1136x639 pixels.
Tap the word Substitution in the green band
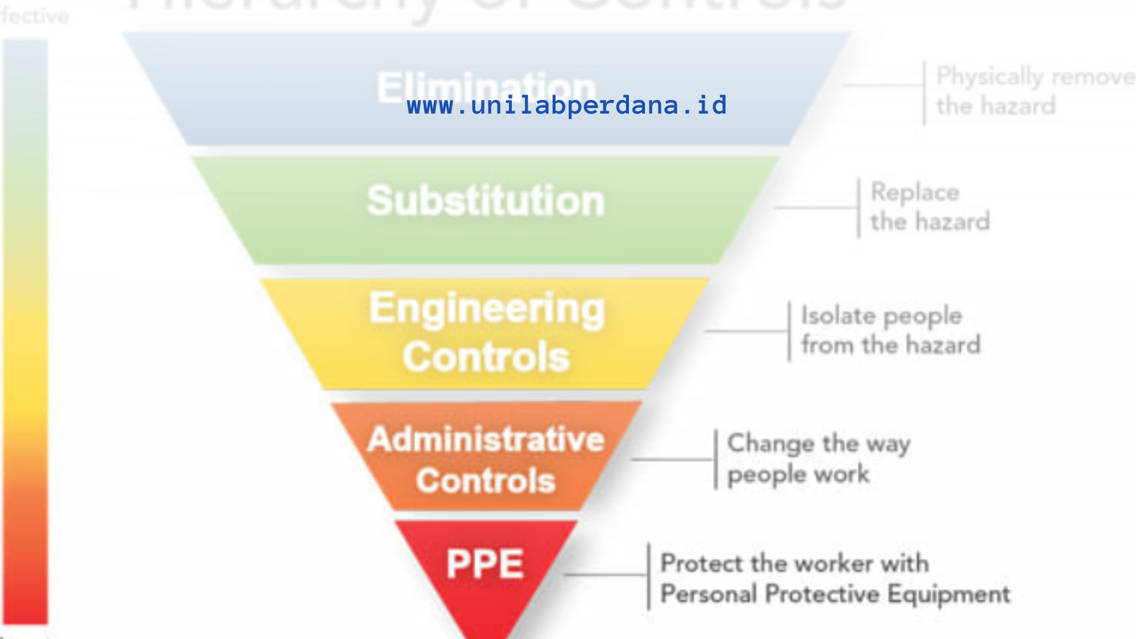click(486, 201)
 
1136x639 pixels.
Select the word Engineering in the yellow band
click(487, 309)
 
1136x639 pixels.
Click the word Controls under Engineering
click(486, 356)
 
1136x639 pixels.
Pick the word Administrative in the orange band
click(486, 439)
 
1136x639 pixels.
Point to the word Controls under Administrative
click(486, 481)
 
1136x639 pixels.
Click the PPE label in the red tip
click(485, 564)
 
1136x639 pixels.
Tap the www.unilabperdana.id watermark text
click(567, 106)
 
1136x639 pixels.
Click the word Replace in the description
click(914, 192)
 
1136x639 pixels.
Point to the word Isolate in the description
click(837, 316)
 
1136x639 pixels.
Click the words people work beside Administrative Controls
click(798, 474)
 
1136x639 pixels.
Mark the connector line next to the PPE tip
click(605, 574)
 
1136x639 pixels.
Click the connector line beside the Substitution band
click(816, 208)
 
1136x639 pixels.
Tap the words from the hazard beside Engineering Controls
click(890, 346)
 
